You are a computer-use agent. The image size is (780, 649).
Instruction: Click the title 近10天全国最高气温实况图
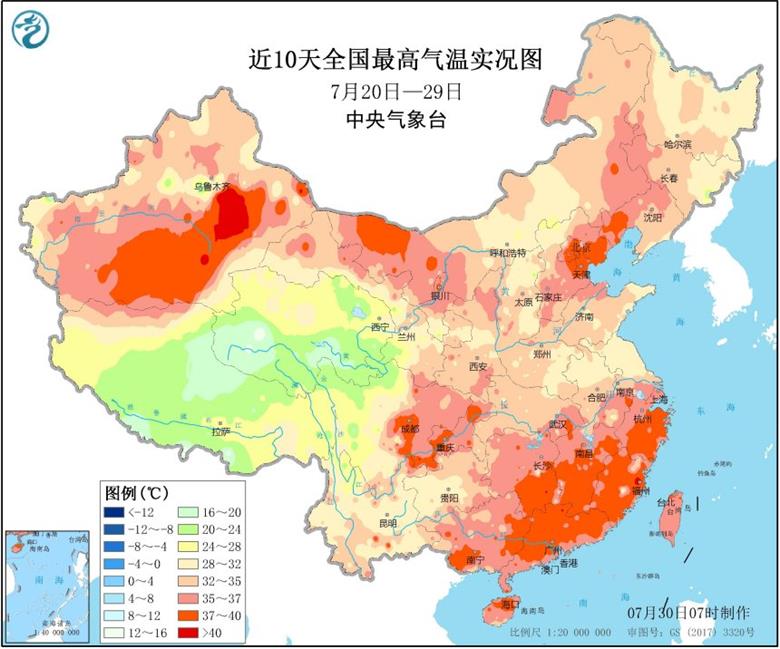pos(395,60)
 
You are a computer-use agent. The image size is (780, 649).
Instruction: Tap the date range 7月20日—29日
pos(396,91)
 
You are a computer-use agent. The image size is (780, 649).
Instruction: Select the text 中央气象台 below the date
pos(395,119)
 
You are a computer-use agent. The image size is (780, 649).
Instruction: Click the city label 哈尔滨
pos(677,145)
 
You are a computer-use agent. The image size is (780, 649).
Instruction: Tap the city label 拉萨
pos(220,432)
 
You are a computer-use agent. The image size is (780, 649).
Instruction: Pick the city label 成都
pos(409,428)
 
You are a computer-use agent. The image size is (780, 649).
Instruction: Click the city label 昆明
pos(387,522)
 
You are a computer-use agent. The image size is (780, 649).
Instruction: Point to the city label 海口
pos(511,606)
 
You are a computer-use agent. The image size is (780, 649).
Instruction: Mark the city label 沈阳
pos(653,216)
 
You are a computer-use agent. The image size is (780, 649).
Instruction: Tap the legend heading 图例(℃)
pos(138,493)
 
